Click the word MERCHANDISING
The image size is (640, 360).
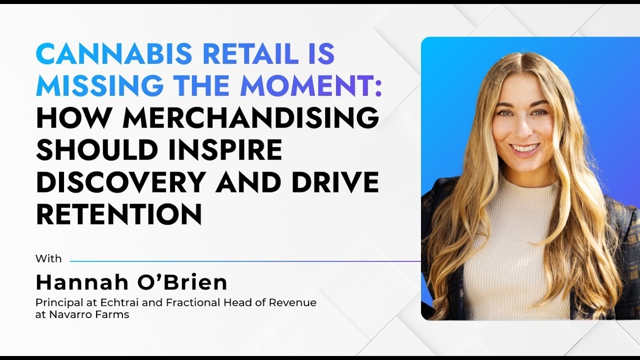[251, 117]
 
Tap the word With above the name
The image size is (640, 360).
[48, 258]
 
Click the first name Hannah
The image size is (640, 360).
[82, 282]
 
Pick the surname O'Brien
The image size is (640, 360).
[182, 282]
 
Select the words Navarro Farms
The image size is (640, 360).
[89, 314]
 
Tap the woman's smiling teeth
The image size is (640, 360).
[524, 148]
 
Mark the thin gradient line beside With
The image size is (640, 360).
[245, 261]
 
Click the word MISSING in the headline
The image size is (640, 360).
[99, 85]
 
